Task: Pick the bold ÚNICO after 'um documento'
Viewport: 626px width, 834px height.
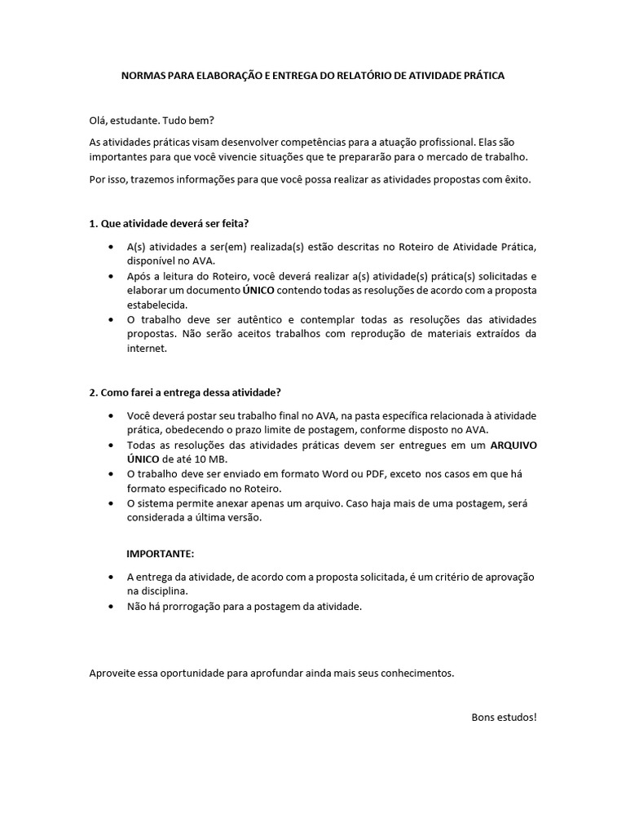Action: coord(258,291)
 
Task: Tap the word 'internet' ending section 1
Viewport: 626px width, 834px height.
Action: coord(146,349)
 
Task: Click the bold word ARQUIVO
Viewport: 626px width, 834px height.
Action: coord(513,446)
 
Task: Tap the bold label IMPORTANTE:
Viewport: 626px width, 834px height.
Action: coord(160,554)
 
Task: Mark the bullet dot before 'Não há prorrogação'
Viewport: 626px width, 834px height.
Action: coord(110,607)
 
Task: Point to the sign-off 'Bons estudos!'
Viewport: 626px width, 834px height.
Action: coord(505,717)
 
